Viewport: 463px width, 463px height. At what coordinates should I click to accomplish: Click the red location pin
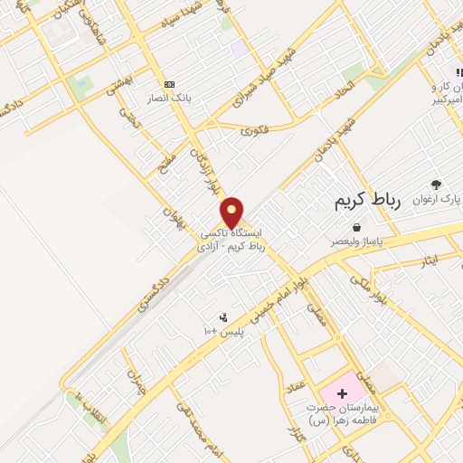coord(232,213)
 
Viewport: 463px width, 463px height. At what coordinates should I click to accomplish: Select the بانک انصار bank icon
coord(168,83)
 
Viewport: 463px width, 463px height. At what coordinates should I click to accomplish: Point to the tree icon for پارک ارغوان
coord(437,184)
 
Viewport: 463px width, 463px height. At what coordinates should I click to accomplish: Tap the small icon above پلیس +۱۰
coord(223,317)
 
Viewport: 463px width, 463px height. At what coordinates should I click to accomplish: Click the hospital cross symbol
coord(342,393)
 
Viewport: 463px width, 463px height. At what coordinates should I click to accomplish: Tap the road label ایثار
coord(429,261)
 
